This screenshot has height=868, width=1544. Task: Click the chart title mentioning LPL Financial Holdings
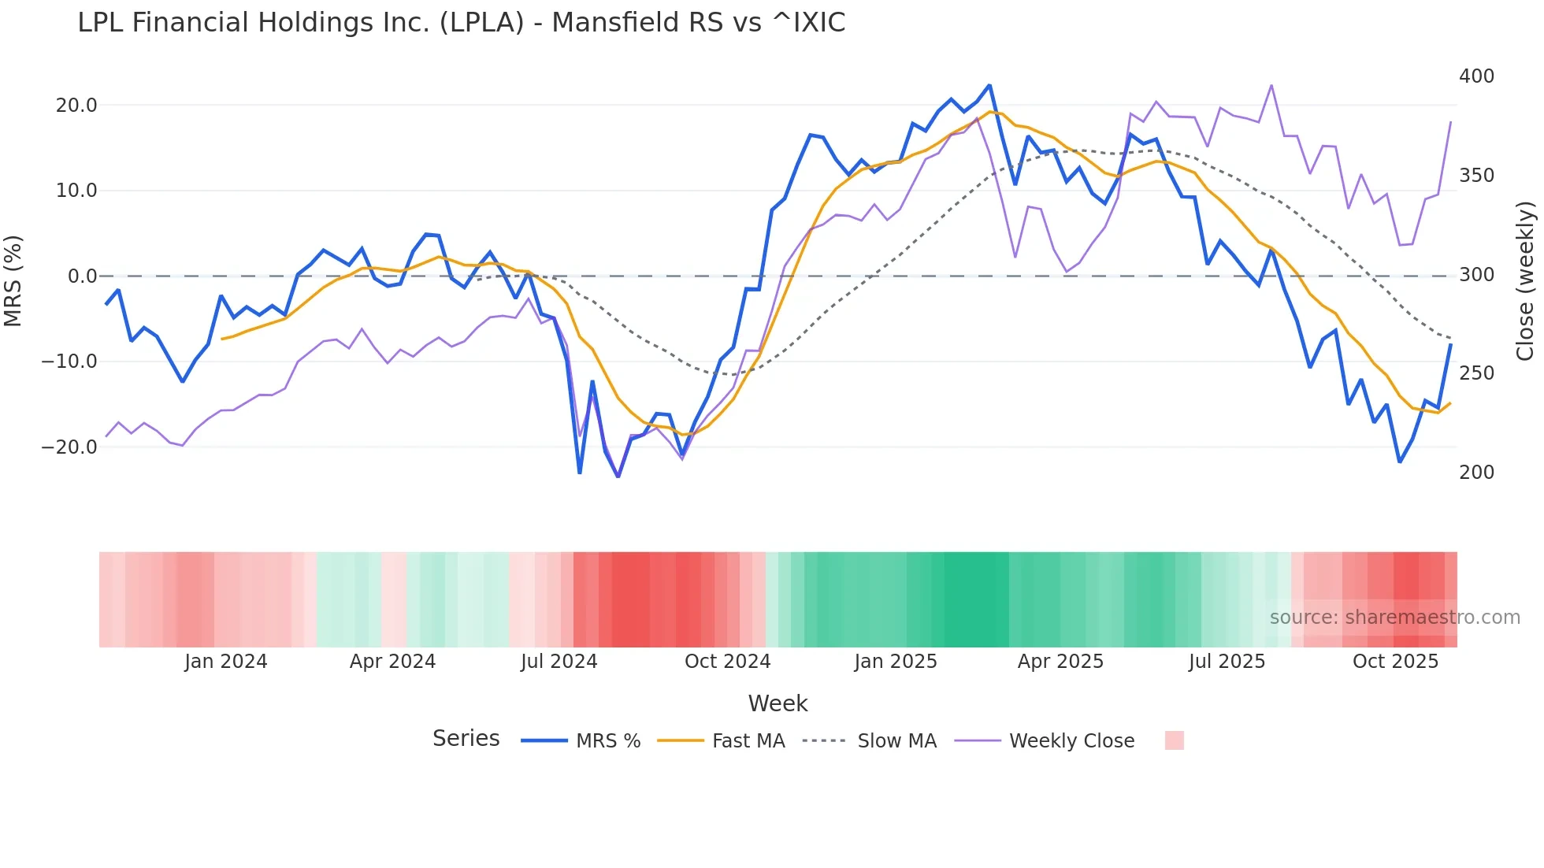click(461, 23)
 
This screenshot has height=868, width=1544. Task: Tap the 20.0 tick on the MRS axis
click(76, 106)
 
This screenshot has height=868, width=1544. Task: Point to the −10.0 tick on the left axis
click(69, 362)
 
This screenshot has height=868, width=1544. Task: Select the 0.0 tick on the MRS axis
click(82, 276)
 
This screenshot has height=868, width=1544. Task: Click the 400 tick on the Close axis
click(1476, 76)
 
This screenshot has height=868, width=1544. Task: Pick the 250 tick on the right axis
click(1476, 373)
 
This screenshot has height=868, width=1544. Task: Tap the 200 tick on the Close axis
click(1476, 473)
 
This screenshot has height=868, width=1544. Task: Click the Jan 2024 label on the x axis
click(226, 662)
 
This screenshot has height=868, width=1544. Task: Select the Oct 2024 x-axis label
click(727, 662)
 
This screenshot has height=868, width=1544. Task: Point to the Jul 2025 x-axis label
click(1227, 662)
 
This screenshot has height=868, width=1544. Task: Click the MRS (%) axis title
click(13, 280)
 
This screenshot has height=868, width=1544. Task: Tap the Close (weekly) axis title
click(1526, 281)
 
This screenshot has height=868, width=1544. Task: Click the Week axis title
click(778, 703)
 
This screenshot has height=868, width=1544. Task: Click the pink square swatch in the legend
click(1174, 740)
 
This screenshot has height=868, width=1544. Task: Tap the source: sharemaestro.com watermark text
click(1394, 618)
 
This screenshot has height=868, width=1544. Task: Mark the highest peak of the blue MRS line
click(989, 85)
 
